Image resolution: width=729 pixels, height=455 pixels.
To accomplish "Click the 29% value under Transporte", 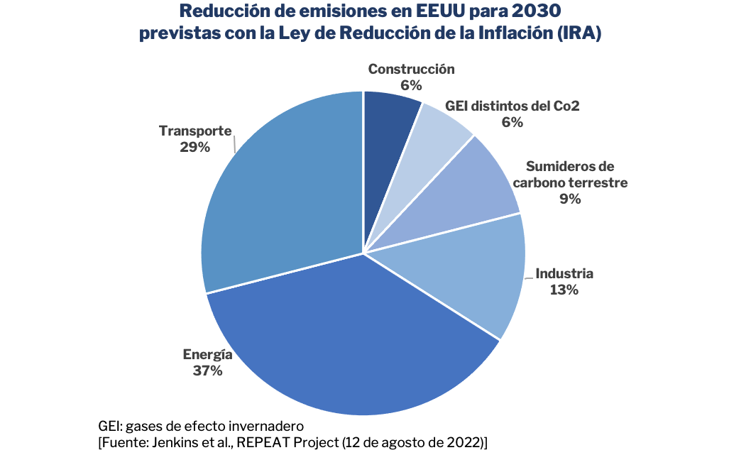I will click(195, 148).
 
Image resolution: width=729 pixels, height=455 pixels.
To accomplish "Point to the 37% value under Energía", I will click(207, 371).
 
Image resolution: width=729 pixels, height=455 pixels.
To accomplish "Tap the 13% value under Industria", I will click(564, 290).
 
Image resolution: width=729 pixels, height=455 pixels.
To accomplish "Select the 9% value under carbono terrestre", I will click(570, 199).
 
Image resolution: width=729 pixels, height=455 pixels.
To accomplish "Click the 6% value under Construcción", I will click(411, 85).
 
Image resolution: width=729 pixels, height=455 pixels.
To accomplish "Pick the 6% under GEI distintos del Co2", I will click(512, 122).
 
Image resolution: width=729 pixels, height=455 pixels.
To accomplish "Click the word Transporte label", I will click(195, 131).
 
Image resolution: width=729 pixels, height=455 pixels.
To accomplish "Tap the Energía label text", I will click(207, 354).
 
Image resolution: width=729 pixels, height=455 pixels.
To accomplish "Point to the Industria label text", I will click(564, 273).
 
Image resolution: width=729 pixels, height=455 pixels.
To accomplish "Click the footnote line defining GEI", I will click(201, 426).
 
